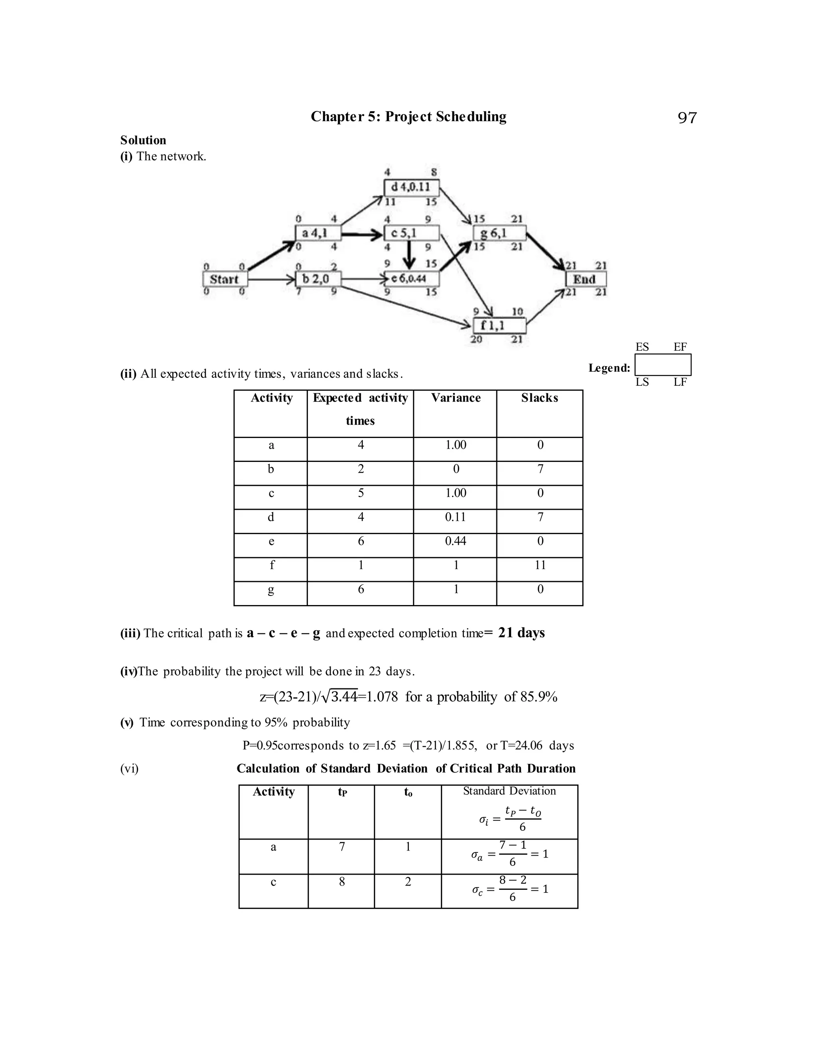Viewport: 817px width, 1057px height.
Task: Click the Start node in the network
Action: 225,279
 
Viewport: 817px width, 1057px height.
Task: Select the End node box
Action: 586,279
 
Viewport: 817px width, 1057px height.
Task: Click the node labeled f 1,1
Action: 499,325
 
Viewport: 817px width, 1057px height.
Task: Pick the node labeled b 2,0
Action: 318,279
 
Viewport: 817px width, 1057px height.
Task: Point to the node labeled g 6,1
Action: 499,233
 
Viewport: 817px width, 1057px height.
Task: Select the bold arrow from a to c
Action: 362,235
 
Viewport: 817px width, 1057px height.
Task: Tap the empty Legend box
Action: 663,365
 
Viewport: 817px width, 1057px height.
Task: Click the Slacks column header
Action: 539,398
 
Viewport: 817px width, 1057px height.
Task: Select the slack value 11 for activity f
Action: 540,565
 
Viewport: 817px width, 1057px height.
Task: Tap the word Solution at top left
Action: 143,140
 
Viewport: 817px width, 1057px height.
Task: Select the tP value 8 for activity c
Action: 342,882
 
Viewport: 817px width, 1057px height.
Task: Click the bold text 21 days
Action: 521,633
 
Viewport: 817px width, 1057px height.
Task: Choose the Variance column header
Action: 456,398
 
